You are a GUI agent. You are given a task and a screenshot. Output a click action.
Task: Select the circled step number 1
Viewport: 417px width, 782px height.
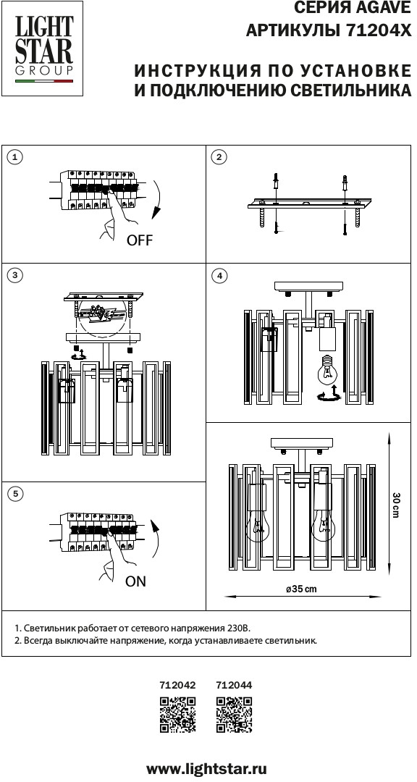16,157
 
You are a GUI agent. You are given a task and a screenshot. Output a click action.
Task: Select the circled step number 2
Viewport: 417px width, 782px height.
219,157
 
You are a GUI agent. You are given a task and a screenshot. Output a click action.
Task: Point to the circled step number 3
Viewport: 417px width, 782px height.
16,275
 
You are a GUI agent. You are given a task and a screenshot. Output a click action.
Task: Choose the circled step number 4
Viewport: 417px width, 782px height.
219,275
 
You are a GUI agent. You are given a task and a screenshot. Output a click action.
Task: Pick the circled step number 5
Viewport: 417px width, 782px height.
16,494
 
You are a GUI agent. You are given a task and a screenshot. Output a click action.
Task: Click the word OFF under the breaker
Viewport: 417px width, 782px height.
139,240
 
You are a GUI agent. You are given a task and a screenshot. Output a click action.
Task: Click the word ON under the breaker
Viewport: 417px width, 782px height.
135,581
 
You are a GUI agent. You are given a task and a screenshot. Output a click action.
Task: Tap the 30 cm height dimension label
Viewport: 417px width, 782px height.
395,505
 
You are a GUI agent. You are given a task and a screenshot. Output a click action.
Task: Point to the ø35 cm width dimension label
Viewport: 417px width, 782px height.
301,589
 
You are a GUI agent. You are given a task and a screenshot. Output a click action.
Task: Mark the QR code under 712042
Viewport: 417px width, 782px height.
177,715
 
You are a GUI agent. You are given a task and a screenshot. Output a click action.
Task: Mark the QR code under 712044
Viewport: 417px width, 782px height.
234,715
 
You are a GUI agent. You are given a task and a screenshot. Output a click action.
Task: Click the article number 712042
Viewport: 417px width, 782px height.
177,685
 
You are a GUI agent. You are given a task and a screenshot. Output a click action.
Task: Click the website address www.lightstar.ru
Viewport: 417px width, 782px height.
206,768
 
